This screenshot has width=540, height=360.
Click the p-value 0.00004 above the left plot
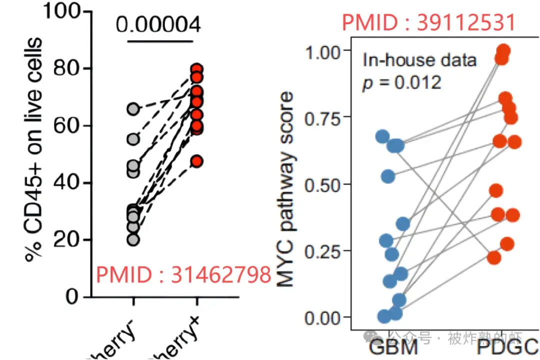(158, 24)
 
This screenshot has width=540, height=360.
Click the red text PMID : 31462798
(183, 274)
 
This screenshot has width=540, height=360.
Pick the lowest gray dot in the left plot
(133, 239)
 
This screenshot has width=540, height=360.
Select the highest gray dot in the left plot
(133, 108)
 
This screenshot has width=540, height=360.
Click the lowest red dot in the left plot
(197, 161)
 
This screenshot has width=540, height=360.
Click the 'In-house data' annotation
(420, 60)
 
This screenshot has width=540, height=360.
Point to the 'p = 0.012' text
(402, 82)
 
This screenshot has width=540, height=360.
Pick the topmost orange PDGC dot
(503, 50)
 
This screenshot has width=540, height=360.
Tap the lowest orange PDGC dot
(494, 257)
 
